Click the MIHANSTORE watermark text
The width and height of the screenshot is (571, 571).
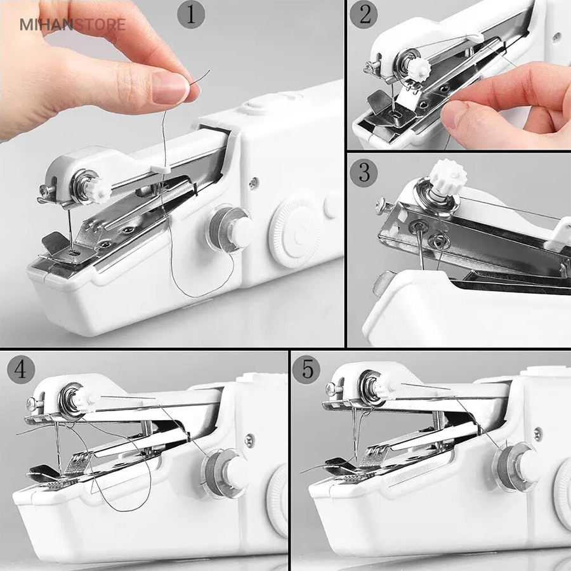73,24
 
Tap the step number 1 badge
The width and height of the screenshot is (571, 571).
191,15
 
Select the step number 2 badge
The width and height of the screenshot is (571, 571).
364,15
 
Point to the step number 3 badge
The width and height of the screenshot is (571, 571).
364,173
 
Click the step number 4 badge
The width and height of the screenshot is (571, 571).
21,370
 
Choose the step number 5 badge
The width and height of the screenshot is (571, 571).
306,370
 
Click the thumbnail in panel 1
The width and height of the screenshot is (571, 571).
170,88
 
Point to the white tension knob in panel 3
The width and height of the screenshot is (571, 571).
447,176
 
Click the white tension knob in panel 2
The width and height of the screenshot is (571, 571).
419,69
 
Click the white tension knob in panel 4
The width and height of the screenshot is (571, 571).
86,400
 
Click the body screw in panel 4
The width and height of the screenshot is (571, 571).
250,440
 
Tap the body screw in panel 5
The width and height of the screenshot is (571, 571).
537,434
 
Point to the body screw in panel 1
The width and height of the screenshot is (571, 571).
254,183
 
